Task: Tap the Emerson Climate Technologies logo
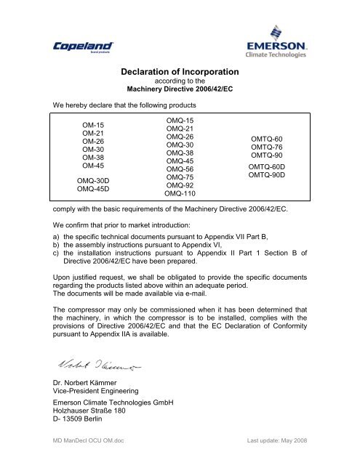coord(279,42)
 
